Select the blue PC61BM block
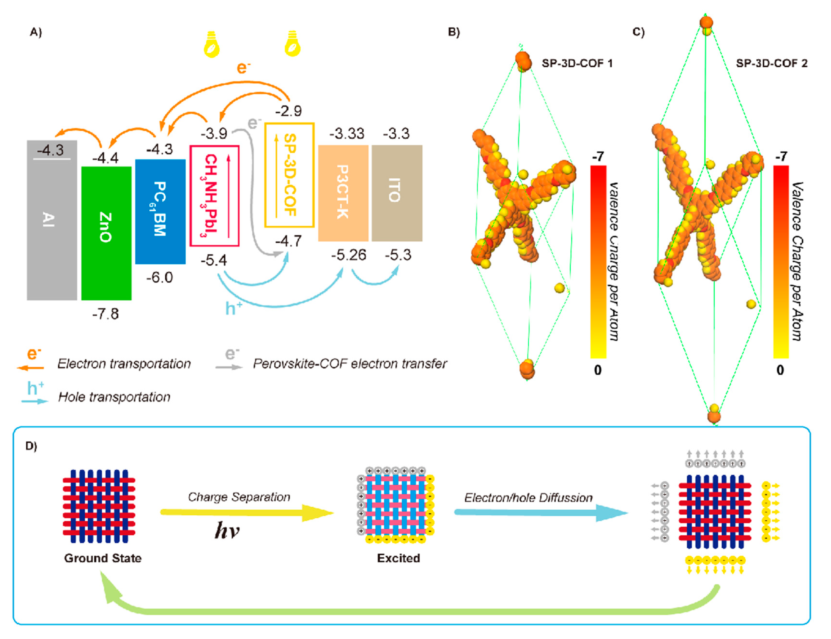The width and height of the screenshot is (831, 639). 160,211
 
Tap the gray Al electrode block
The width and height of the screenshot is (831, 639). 52,220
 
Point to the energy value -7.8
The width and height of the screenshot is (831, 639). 105,314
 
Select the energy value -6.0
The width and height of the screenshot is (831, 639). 160,277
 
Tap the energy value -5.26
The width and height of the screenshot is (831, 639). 348,254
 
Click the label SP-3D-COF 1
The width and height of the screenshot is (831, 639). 577,63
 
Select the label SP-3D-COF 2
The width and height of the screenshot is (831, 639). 771,63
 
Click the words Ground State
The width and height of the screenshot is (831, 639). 103,558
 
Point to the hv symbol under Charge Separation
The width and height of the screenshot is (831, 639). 227,530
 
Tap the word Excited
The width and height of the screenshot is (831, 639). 398,558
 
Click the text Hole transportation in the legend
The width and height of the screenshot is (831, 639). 114,397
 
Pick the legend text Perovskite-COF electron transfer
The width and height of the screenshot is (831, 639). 349,364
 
